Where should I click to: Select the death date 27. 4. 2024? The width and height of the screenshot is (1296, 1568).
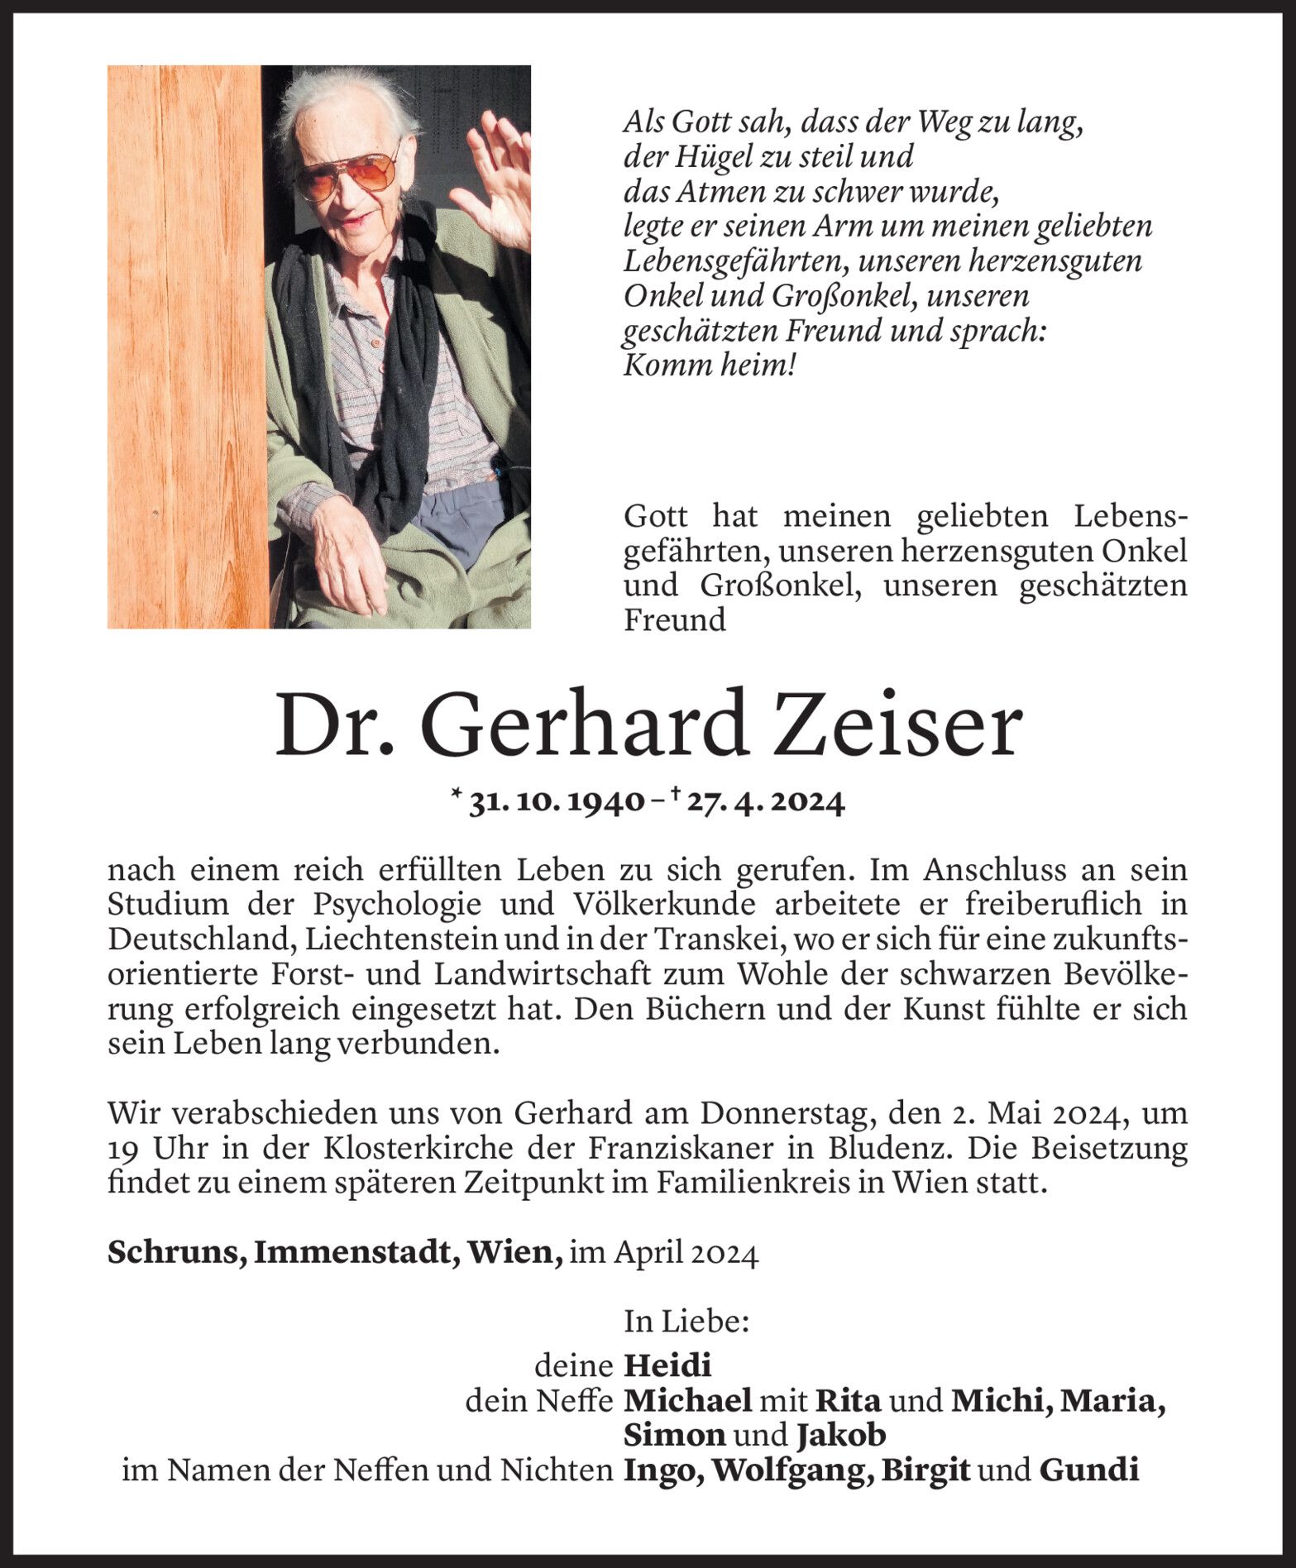762,802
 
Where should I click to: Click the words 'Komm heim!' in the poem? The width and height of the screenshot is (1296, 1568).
708,366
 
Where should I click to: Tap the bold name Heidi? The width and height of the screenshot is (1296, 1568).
667,1365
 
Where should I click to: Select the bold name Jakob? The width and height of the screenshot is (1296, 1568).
841,1434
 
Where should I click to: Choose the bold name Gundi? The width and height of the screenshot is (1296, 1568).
1088,1470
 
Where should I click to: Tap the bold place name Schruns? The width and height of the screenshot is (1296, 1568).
174,1252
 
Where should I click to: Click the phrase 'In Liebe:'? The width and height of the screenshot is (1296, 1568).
686,1322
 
